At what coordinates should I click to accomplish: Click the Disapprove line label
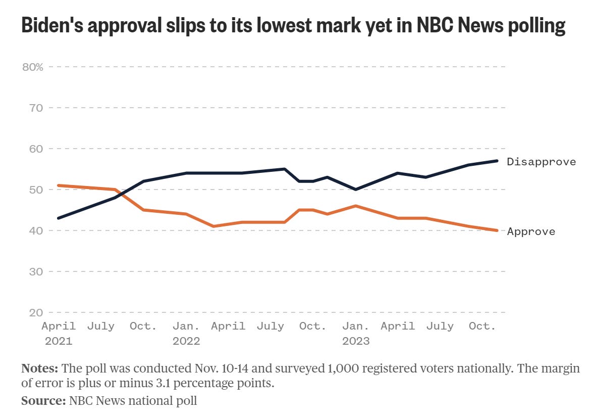tap(541, 162)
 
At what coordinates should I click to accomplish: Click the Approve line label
tap(531, 231)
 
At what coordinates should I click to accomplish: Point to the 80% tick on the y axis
tap(33, 67)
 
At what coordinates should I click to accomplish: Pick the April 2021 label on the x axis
tap(59, 333)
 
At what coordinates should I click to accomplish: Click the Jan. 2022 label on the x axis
tap(186, 333)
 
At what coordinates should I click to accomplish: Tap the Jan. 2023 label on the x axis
tap(356, 333)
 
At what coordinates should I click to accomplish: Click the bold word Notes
tap(38, 368)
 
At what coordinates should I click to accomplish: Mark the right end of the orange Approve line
tap(498, 230)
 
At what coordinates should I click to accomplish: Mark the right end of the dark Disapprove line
tap(498, 161)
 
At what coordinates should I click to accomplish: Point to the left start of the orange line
tap(59, 185)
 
